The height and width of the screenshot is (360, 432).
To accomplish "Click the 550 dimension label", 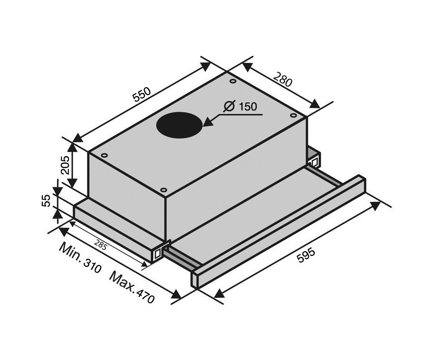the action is tap(142, 94).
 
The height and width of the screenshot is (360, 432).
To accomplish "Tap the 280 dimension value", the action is tap(283, 80).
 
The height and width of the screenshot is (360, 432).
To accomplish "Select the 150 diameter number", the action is tap(248, 107).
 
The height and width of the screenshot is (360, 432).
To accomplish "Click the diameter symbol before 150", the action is tap(229, 106).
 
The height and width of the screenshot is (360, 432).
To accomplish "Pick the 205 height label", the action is tap(65, 165).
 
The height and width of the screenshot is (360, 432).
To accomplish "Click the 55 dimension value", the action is tap(46, 201).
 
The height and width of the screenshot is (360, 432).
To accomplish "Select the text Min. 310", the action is tap(80, 258).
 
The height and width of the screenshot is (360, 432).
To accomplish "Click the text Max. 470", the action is tap(132, 288).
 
